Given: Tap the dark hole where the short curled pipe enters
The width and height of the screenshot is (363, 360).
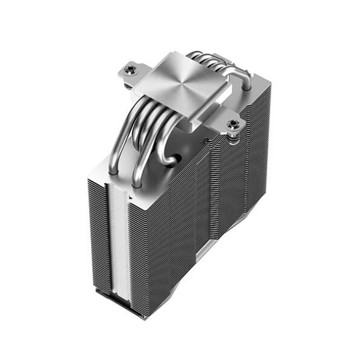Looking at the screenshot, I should pyautogui.click(x=172, y=160).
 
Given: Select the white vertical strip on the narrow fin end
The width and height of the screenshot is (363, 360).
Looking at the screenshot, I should pyautogui.click(x=119, y=242).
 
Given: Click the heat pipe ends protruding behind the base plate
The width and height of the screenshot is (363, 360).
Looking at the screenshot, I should pyautogui.click(x=209, y=57).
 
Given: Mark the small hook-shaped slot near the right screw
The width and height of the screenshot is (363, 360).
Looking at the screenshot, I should pyautogui.click(x=205, y=142).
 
